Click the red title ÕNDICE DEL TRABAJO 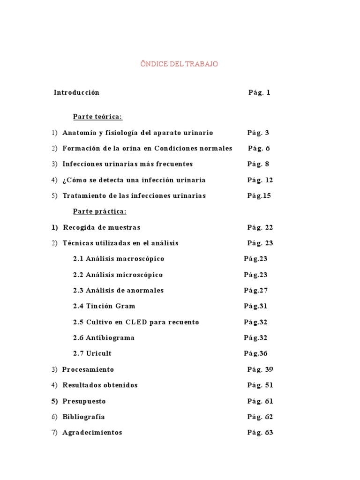pos(179,64)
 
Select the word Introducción pos(76,92)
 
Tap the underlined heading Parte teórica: pos(97,116)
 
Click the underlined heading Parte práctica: pos(100,211)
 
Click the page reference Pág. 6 pos(259,148)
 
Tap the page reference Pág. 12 pos(260,180)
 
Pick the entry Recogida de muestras pos(101,227)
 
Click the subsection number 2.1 pos(78,259)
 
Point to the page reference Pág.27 pos(255,291)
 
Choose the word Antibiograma pos(110,338)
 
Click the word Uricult pos(98,353)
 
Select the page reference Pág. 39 pos(260,369)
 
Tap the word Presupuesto pos(84,401)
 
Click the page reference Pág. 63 pos(260,433)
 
